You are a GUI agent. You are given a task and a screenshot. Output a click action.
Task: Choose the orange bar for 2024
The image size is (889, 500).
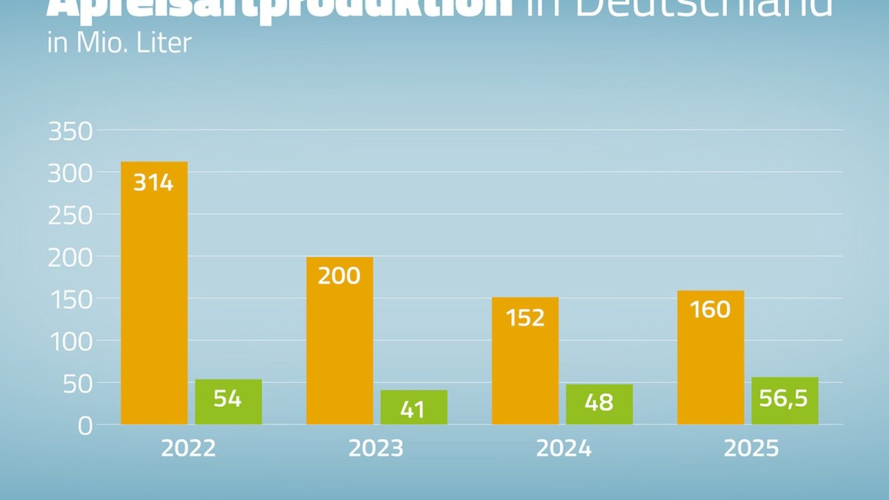525,361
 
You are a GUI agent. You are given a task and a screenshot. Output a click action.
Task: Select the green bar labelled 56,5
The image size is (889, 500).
785,401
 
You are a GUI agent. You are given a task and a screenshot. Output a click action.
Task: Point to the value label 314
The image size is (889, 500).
153,183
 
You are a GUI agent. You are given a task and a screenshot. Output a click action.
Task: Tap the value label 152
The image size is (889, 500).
525,318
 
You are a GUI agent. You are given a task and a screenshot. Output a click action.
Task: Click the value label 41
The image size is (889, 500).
413,410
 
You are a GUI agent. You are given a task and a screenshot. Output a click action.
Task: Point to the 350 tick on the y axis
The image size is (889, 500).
71,132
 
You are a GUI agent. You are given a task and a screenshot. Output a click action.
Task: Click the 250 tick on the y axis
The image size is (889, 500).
71,216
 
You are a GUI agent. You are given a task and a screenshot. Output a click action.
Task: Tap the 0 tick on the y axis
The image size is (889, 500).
85,426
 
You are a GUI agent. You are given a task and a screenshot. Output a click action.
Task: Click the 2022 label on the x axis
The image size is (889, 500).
188,448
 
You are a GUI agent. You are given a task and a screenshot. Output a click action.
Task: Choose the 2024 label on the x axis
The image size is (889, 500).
563,448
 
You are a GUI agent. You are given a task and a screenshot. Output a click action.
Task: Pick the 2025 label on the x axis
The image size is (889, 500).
751,448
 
